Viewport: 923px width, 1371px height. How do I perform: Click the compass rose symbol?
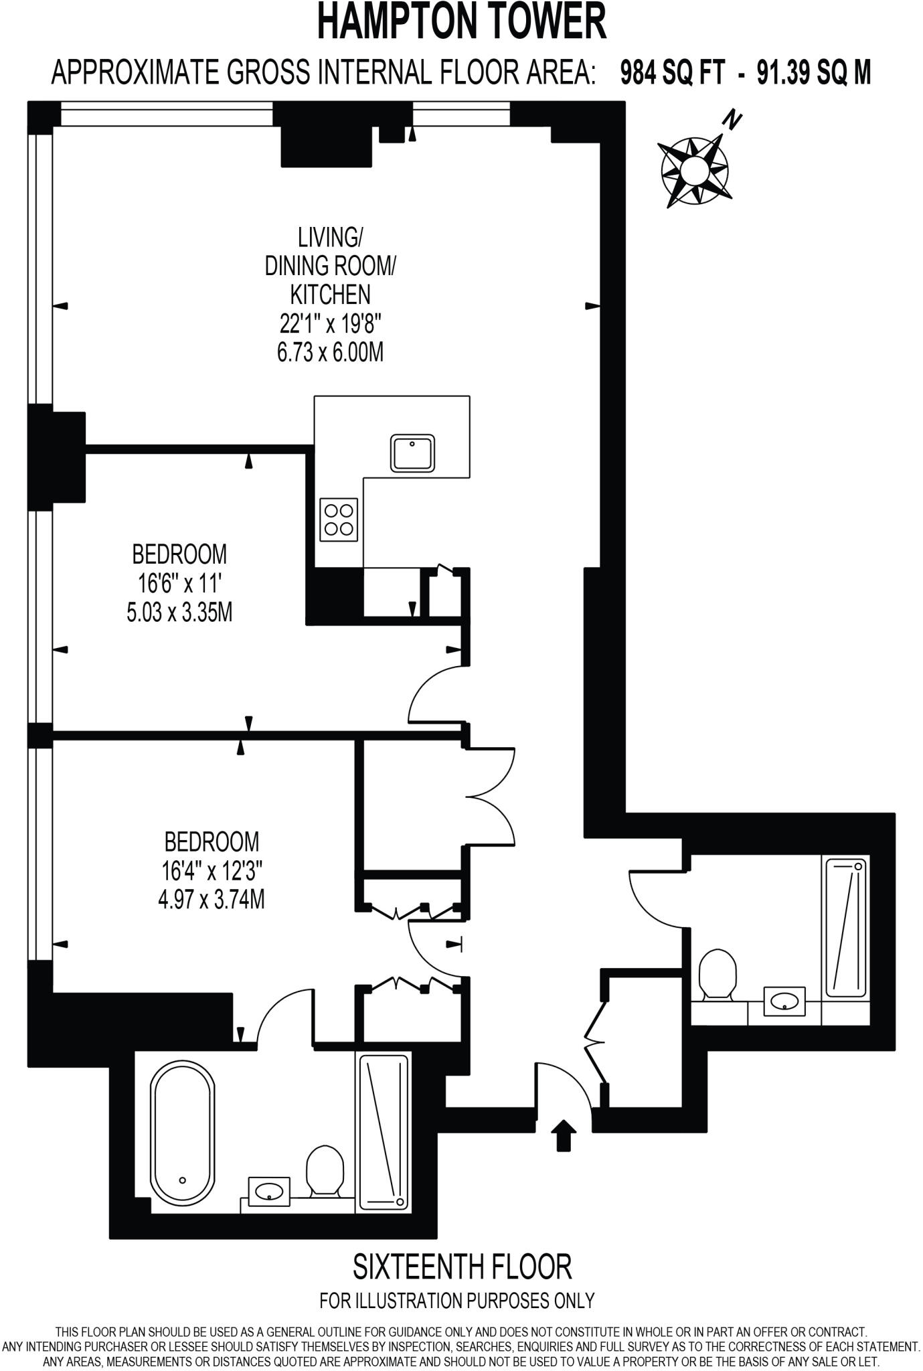(x=694, y=171)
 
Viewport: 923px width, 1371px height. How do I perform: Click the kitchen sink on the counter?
(x=413, y=453)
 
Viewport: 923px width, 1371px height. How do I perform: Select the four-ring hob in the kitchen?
(x=339, y=519)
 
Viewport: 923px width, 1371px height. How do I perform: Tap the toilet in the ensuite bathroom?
(x=324, y=1169)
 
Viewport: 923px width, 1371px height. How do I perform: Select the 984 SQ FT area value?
(x=672, y=73)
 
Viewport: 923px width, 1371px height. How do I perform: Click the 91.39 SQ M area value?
(x=814, y=73)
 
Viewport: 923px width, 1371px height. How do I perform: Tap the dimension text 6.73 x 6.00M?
(x=331, y=352)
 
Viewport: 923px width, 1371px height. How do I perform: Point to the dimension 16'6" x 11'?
(x=179, y=584)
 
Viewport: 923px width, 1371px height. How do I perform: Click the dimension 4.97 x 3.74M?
(x=212, y=900)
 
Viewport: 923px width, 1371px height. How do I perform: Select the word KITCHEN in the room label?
(x=330, y=294)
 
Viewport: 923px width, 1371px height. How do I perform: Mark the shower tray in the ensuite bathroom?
(x=384, y=1132)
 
